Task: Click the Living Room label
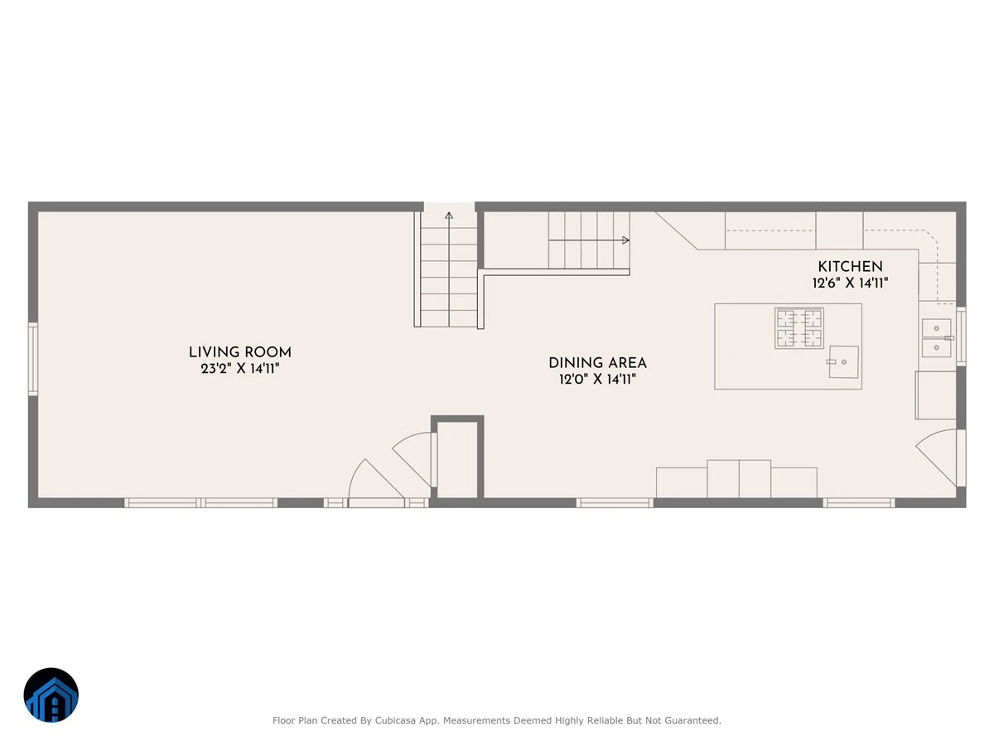(239, 352)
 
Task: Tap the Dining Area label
(597, 363)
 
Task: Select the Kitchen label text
(850, 266)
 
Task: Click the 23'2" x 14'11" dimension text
(239, 368)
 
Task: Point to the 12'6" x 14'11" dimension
(850, 283)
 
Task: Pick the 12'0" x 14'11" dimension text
(597, 379)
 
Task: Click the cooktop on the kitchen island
(799, 328)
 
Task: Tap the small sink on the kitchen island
(843, 361)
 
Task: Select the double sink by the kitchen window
(937, 338)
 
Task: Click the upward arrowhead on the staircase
(448, 216)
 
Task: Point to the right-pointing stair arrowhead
(625, 240)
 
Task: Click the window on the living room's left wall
(33, 359)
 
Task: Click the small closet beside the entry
(457, 460)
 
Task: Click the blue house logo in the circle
(51, 695)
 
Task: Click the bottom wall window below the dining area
(615, 502)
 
